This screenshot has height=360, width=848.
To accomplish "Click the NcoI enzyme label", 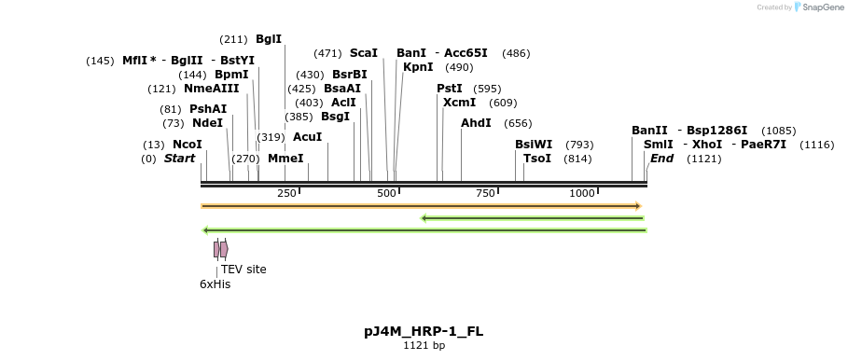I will (187, 145).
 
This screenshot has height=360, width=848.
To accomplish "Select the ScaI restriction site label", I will (363, 53).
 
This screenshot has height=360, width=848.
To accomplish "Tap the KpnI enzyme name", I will (418, 67).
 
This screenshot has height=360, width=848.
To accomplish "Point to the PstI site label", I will (450, 89).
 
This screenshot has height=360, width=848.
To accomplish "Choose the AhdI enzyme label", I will (476, 123).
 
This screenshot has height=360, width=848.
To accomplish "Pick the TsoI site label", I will (537, 159).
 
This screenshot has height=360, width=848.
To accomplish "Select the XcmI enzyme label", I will (459, 103).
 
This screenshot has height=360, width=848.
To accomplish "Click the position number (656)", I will (518, 123).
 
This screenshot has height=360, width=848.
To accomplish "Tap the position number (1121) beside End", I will (704, 159).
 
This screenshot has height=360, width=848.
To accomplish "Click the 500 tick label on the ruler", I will (386, 193).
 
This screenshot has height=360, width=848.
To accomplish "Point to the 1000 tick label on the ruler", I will (582, 193).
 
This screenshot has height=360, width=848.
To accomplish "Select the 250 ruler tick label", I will (286, 193).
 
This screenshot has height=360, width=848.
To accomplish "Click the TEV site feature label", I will (243, 270).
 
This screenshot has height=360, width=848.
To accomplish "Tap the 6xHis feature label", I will (215, 284).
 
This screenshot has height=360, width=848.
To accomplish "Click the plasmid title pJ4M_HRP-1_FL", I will (424, 331).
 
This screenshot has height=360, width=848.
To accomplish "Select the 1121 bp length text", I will (424, 346).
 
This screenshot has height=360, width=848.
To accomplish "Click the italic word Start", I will (179, 159).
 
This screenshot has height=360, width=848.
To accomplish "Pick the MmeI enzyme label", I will (285, 159).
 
